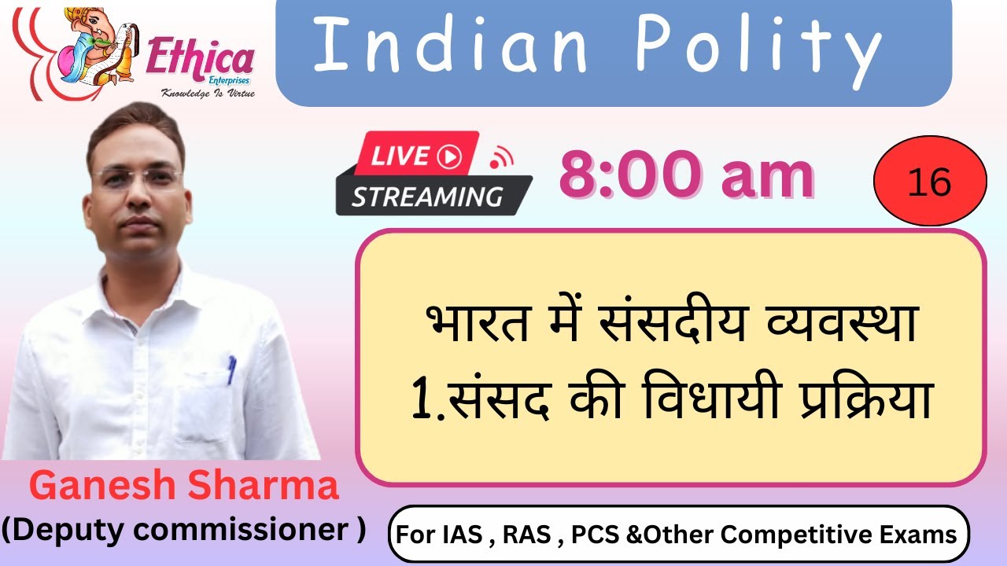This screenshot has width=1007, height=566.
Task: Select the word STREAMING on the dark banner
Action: click(x=427, y=197)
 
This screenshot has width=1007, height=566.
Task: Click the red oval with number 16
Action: click(x=929, y=183)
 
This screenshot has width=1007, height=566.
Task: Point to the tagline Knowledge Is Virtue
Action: click(x=208, y=93)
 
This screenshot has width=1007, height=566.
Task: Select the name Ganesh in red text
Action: click(x=101, y=487)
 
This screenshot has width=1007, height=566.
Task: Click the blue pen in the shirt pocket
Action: click(x=231, y=369)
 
